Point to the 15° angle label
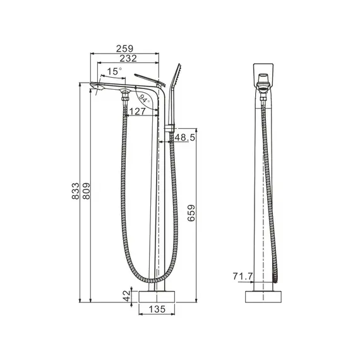pyautogui.click(x=114, y=71)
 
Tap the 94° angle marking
pyautogui.click(x=144, y=99)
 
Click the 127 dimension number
pyautogui.click(x=137, y=112)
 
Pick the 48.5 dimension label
pyautogui.click(x=184, y=137)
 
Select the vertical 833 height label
pyautogui.click(x=77, y=188)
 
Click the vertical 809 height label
pyautogui.click(x=87, y=188)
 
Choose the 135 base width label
pyautogui.click(x=157, y=309)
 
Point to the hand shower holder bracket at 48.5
pyautogui.click(x=169, y=131)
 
